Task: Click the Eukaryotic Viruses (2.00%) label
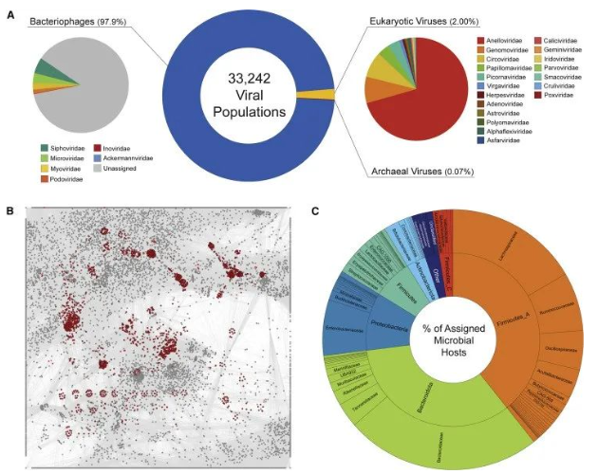point(420,21)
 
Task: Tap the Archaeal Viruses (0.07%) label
point(420,172)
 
